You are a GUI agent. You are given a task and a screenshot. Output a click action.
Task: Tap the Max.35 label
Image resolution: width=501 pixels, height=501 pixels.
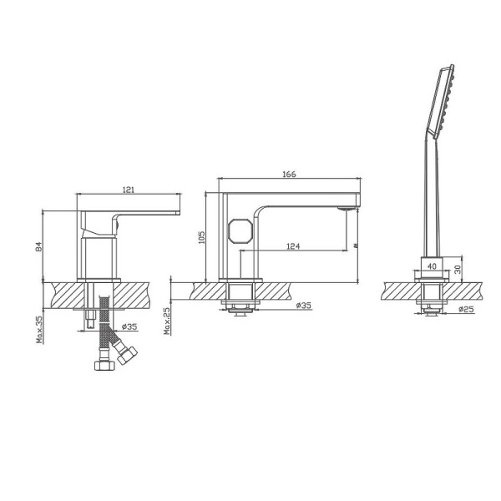(39, 330)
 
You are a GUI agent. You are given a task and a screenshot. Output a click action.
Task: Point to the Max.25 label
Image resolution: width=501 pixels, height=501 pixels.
(167, 320)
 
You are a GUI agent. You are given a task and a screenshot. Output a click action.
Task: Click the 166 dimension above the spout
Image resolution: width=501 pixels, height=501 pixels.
(289, 174)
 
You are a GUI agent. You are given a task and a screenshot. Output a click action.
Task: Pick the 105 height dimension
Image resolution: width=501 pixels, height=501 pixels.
(200, 237)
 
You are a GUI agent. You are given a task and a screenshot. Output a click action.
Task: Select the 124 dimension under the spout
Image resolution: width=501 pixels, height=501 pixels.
(293, 246)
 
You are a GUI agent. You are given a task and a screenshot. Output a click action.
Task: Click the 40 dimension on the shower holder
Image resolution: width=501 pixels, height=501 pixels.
(431, 266)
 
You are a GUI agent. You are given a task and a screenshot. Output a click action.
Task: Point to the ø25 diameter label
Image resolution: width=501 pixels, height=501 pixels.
(465, 309)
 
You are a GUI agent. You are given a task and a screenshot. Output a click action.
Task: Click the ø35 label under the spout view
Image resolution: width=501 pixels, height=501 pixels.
(303, 306)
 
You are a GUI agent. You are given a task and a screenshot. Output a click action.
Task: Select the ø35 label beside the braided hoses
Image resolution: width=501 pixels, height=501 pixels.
(129, 326)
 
